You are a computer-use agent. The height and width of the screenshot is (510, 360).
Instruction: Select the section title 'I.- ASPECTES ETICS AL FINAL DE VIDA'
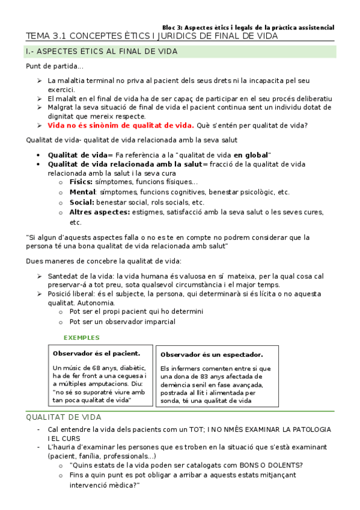tap(101, 52)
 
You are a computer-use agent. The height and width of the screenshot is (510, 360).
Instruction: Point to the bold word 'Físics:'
tap(81, 182)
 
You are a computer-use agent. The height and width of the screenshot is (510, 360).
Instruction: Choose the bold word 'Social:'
tap(82, 203)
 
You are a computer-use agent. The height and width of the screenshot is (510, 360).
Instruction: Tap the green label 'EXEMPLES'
tap(82, 337)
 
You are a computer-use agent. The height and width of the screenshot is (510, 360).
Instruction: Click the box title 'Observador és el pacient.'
tap(96, 353)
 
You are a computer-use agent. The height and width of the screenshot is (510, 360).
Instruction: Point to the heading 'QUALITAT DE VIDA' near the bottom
tap(64, 417)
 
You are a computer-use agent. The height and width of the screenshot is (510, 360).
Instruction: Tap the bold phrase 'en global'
tap(252, 155)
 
